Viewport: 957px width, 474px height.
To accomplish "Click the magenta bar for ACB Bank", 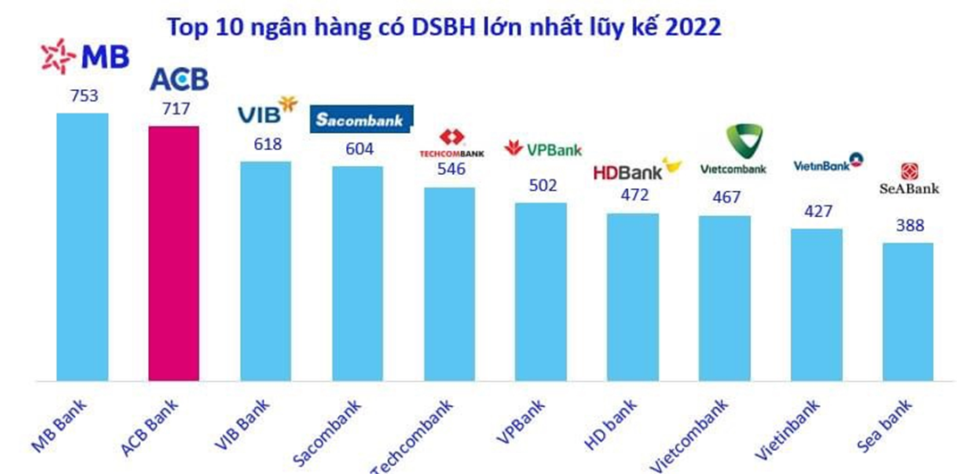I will tap(173, 254).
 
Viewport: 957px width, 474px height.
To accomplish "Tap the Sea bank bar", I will tap(908, 312).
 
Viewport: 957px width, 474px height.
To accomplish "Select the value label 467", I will tap(727, 197).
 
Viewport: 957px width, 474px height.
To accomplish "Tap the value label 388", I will tap(908, 226).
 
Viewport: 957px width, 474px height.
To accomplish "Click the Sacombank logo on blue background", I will tap(361, 120).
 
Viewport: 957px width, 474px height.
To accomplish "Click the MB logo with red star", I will tap(86, 56).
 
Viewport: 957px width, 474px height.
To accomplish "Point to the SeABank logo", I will tap(909, 179).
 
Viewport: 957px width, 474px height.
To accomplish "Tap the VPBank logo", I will tap(543, 149).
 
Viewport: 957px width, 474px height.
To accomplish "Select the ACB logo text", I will tap(178, 79).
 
